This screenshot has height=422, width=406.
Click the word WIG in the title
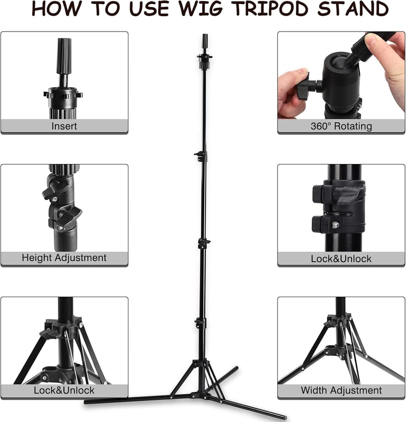pos(201,9)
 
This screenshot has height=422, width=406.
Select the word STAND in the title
pos(353,9)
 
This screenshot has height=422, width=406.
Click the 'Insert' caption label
pos(64,126)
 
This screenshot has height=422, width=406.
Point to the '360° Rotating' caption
pos(341,126)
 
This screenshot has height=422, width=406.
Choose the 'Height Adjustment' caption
pos(64,258)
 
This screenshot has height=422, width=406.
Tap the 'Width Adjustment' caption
pos(341,390)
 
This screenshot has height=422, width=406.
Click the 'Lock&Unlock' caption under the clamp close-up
pos(341,258)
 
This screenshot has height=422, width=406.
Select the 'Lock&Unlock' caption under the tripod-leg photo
pos(64,390)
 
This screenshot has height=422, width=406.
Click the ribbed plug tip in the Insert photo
pos(64,56)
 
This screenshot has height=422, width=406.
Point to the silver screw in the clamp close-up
pos(335,225)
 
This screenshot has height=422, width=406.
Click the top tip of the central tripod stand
pos(205,35)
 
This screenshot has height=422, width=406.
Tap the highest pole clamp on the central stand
pos(201,156)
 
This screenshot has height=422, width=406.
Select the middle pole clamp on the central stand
pos(204,243)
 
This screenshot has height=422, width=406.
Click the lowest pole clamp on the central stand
pos(200,323)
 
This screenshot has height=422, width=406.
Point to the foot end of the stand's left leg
pos(86,402)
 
